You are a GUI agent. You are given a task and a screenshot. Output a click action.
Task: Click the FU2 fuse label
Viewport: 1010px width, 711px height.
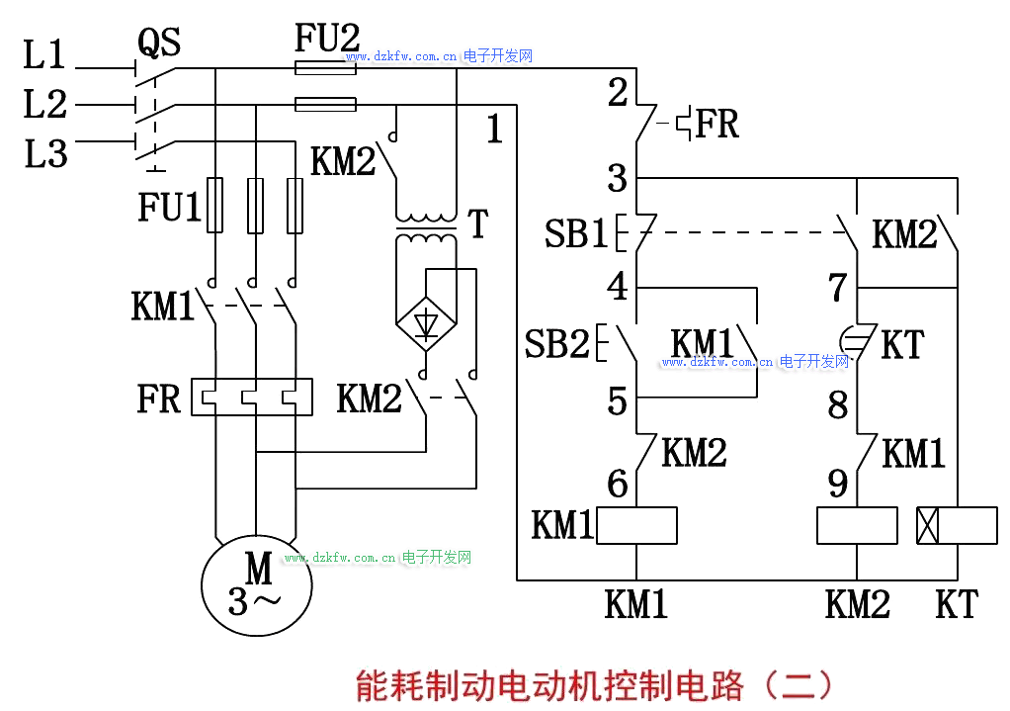click(327, 39)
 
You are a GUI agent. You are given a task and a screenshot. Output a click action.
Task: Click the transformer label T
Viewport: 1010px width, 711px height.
click(478, 224)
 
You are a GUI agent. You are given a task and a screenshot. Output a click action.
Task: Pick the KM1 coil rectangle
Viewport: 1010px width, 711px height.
click(636, 525)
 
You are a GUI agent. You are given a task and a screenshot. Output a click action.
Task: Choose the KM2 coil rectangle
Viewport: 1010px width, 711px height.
click(857, 525)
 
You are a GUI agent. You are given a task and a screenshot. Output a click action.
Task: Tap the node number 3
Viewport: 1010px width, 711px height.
click(618, 179)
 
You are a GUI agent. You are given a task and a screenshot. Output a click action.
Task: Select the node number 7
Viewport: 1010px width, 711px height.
click(838, 288)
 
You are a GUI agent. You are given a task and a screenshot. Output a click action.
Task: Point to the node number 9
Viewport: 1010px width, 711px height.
click(838, 484)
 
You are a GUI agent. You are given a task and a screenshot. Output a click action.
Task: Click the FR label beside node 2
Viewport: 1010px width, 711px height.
click(717, 125)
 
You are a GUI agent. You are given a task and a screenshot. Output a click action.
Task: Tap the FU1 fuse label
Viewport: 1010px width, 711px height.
click(169, 207)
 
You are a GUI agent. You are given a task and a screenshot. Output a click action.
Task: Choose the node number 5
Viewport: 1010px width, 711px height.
click(618, 401)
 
